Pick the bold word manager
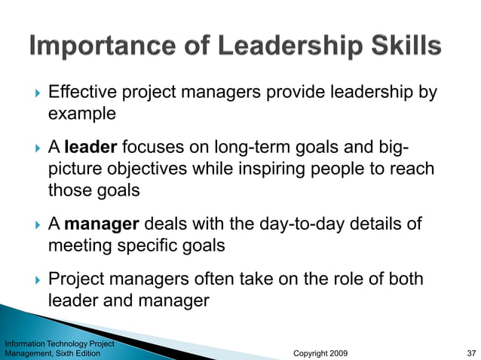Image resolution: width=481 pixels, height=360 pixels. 102,224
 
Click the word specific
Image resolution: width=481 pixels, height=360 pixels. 161,246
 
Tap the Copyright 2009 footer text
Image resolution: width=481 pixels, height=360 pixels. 320,352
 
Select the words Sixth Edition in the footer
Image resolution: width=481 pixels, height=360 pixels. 79,352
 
